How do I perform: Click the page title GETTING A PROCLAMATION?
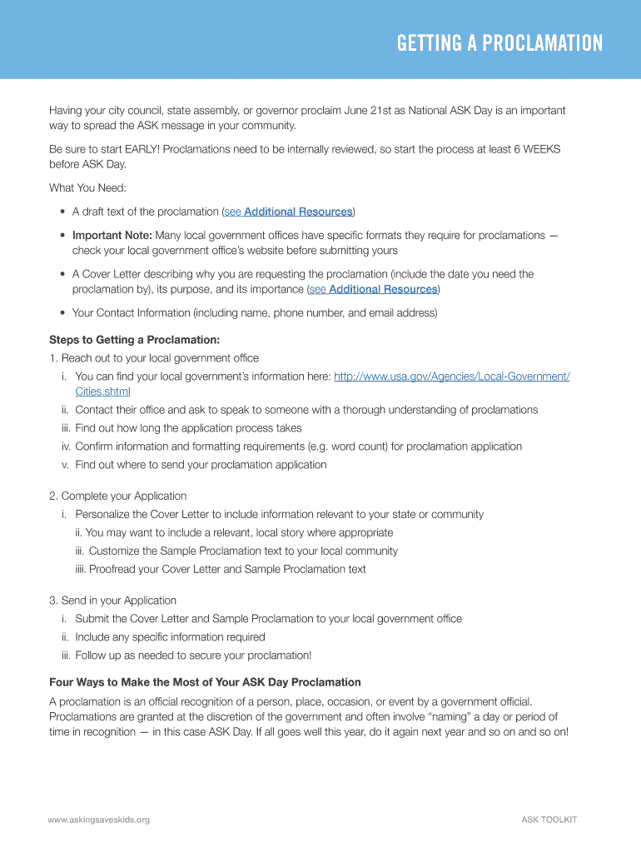[499, 43]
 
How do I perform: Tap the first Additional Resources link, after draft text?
[298, 212]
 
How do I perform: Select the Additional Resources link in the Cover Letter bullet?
[383, 289]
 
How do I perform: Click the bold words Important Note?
[112, 235]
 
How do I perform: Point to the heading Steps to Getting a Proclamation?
[135, 340]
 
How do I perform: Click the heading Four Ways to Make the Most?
[205, 682]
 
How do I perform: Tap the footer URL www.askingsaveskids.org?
[99, 820]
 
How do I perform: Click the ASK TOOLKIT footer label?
[549, 820]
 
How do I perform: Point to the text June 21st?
[369, 110]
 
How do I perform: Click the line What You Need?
[87, 188]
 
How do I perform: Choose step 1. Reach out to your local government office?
[153, 358]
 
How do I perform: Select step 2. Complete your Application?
[117, 496]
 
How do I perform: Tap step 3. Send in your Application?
[112, 601]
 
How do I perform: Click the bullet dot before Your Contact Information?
[64, 313]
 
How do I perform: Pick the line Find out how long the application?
[188, 428]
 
